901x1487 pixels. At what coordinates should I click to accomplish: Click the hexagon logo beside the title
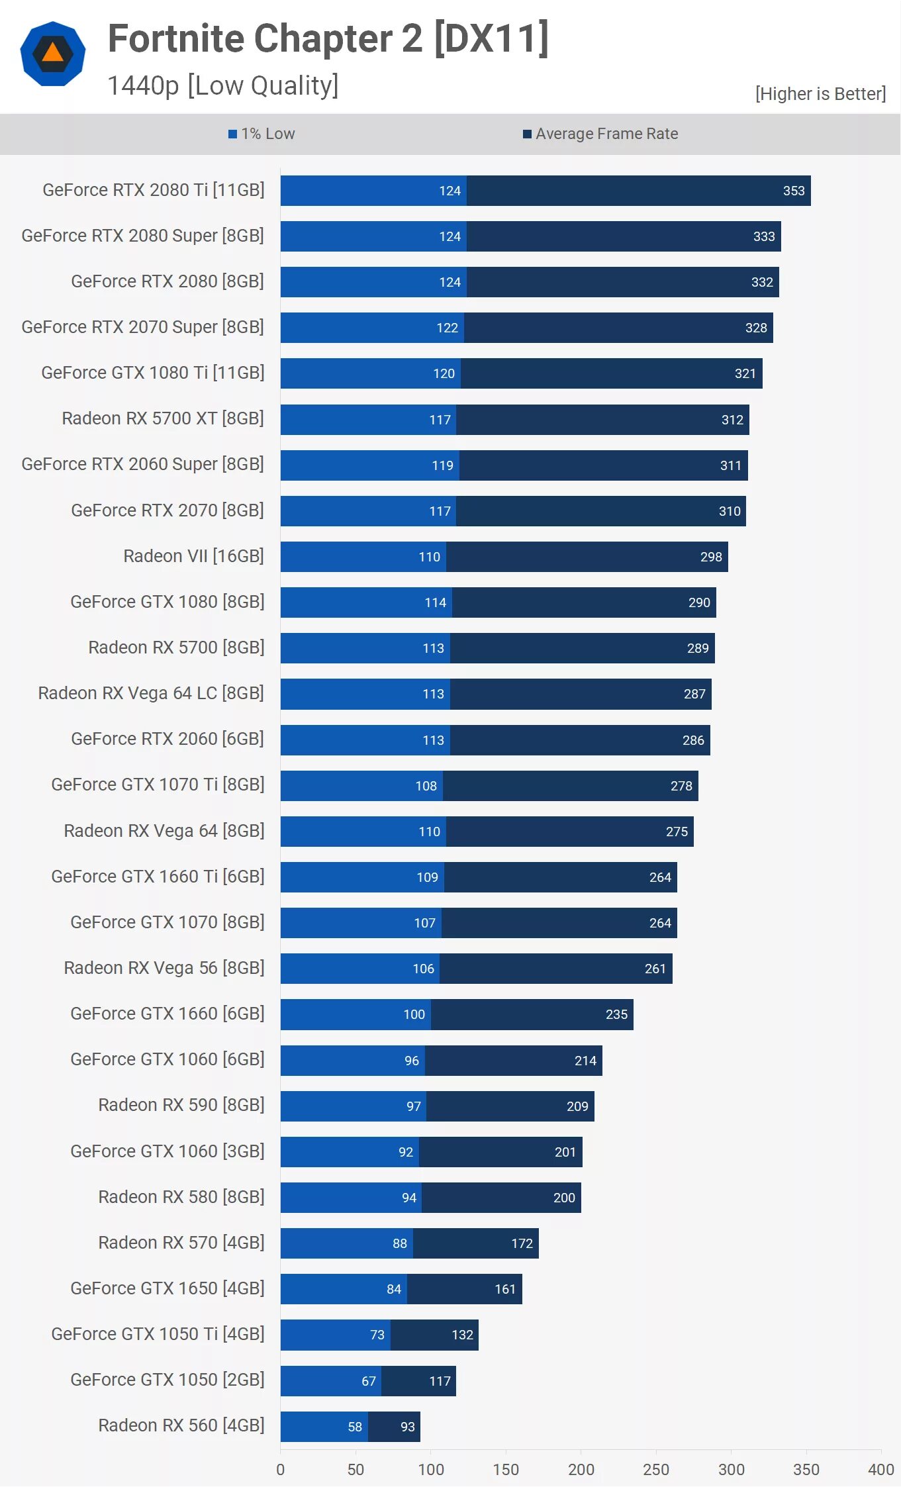(53, 54)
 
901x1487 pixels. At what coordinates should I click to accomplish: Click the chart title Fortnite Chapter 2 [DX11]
(328, 38)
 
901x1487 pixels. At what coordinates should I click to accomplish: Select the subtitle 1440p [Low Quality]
(222, 85)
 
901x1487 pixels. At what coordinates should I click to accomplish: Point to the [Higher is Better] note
(820, 94)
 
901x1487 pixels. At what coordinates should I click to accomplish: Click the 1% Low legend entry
(261, 134)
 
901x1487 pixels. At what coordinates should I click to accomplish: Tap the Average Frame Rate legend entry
(600, 134)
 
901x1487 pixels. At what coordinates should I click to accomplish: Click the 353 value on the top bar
(793, 191)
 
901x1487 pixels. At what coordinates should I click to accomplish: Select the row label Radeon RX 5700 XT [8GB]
(163, 418)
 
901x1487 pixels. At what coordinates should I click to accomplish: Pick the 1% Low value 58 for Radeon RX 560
(355, 1427)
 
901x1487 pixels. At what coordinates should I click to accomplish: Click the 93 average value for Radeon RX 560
(408, 1427)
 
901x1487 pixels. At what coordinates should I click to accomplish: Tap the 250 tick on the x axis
(656, 1469)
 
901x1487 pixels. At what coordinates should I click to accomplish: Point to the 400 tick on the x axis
(880, 1469)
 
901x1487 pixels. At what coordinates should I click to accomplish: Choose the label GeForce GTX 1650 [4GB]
(167, 1288)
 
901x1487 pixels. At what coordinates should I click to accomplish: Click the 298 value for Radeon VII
(711, 557)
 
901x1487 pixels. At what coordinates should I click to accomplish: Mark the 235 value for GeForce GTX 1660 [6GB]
(616, 1014)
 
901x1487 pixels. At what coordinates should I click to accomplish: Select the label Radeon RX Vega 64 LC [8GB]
(151, 693)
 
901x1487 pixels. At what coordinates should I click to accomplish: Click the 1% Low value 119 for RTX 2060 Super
(442, 465)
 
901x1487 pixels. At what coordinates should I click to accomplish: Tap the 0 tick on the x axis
(281, 1469)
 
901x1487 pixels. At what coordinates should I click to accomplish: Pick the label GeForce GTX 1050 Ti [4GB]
(158, 1334)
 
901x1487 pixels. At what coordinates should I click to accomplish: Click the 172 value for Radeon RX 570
(522, 1243)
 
